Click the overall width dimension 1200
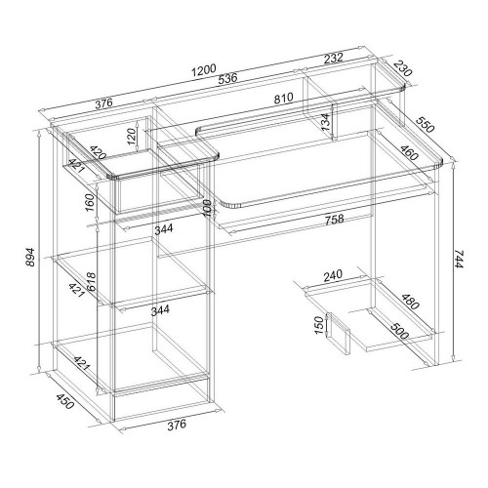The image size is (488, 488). pyautogui.click(x=204, y=70)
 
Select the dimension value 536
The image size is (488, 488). pyautogui.click(x=227, y=79)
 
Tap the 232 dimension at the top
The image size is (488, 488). pyautogui.click(x=334, y=59)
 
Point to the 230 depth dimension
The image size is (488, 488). pyautogui.click(x=402, y=69)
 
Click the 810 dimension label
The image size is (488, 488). pyautogui.click(x=283, y=98)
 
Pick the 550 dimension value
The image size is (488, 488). pyautogui.click(x=425, y=124)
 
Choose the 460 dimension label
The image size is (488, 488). pyautogui.click(x=409, y=152)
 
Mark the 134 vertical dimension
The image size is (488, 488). pyautogui.click(x=325, y=122)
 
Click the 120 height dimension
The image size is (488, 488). pyautogui.click(x=131, y=137)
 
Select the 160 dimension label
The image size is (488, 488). pyautogui.click(x=90, y=203)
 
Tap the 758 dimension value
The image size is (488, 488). pyautogui.click(x=334, y=219)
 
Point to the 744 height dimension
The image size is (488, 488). pyautogui.click(x=458, y=260)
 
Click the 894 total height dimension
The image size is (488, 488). pyautogui.click(x=30, y=257)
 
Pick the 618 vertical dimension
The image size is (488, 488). pyautogui.click(x=91, y=281)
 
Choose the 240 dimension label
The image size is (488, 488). pyautogui.click(x=333, y=275)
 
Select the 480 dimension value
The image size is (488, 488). pyautogui.click(x=410, y=302)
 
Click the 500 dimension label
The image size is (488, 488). pyautogui.click(x=399, y=331)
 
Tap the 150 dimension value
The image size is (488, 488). pyautogui.click(x=320, y=325)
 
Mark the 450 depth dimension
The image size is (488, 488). pyautogui.click(x=65, y=401)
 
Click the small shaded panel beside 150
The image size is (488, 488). pyautogui.click(x=338, y=334)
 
